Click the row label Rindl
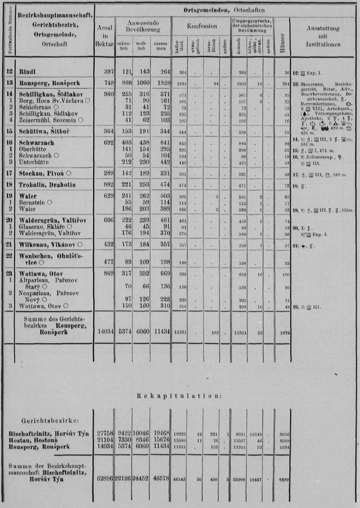[28, 72]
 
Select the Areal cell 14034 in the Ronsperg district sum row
[104, 330]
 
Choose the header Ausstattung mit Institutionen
[323, 35]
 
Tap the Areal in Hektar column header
[104, 34]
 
